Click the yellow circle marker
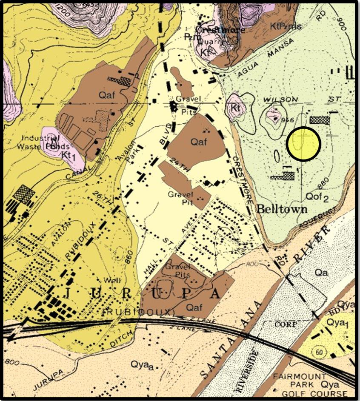coord(303,144)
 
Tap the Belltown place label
coord(282,209)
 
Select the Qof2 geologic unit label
coord(317,196)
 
